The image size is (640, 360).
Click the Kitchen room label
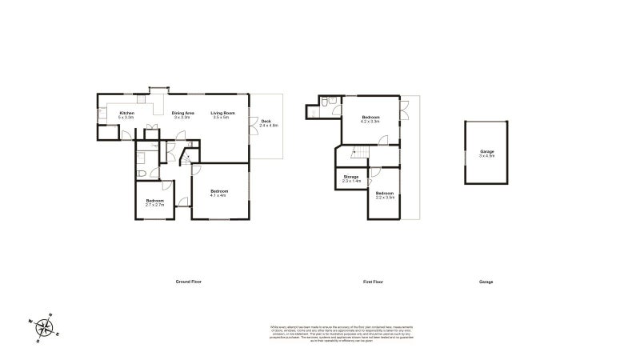[126, 115]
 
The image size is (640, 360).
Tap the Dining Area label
[183, 115]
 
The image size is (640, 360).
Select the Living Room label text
[222, 115]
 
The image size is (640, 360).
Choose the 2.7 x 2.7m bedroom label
[154, 202]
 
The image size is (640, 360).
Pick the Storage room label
[351, 178]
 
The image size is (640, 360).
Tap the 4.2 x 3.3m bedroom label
[370, 119]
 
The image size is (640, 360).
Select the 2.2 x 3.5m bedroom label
[386, 194]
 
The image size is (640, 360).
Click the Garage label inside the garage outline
[486, 153]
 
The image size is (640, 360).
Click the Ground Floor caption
[189, 282]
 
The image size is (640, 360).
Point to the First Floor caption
[374, 282]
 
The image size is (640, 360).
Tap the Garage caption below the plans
[486, 282]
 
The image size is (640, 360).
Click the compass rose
[46, 327]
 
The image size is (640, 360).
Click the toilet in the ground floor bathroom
[141, 173]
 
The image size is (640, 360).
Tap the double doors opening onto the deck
[253, 122]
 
